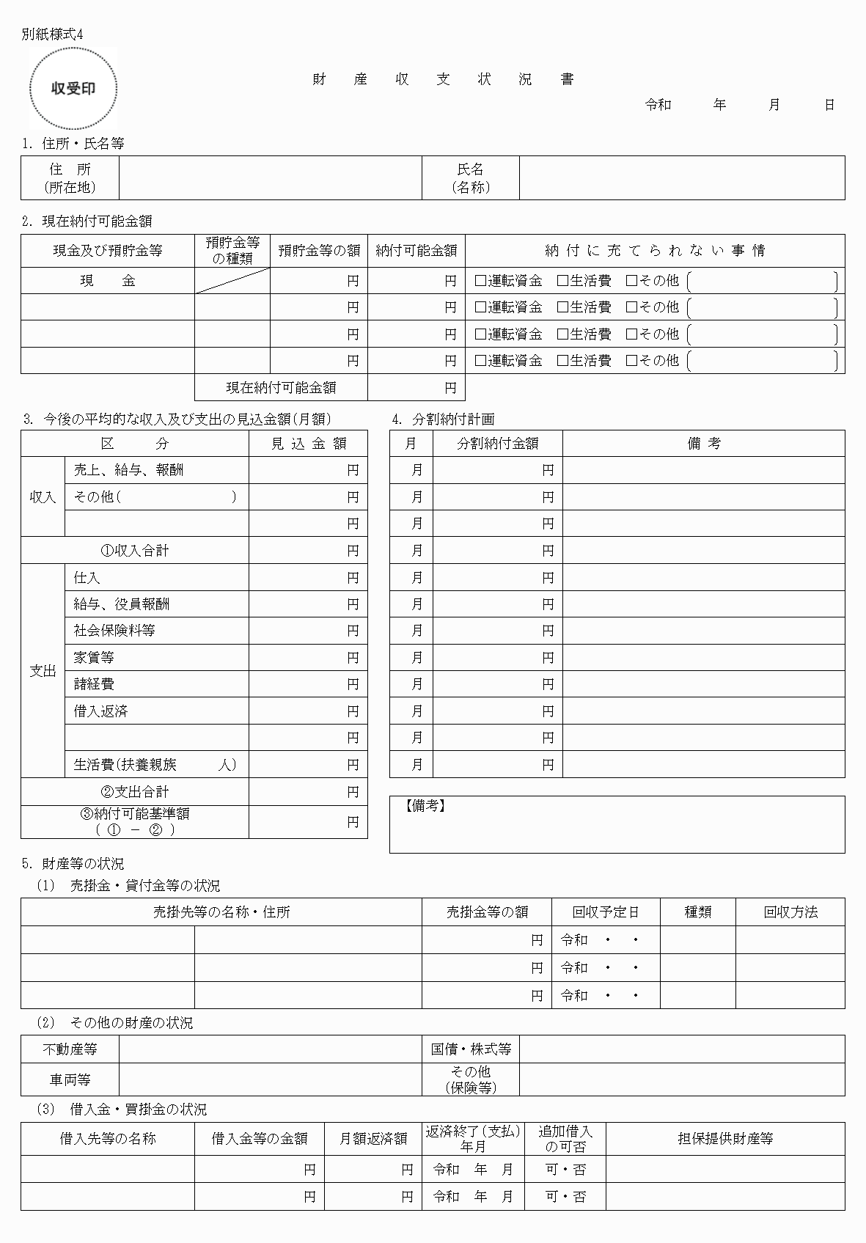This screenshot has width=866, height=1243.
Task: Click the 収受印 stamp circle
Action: pos(73,89)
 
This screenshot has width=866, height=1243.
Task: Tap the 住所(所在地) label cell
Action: pos(70,178)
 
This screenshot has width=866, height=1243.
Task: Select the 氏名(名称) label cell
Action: pos(470,178)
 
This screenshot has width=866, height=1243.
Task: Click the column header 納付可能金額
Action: pos(416,251)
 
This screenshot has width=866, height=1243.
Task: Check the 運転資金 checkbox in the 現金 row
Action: pos(480,281)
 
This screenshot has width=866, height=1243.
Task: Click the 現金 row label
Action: pos(107,281)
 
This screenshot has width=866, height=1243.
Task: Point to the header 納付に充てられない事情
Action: pos(655,251)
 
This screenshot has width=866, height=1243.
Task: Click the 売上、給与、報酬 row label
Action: pos(128,470)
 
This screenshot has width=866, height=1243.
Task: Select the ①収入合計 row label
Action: pos(135,550)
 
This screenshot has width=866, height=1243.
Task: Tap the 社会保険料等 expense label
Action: pos(114,631)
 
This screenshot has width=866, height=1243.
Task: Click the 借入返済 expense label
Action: pos(101,711)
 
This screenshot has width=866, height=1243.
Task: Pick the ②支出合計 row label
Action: pos(135,792)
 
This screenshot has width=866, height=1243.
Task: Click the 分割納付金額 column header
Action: pos(498,444)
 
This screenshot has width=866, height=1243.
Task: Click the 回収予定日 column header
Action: pos(606,912)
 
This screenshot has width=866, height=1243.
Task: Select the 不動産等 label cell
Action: pos(70,1049)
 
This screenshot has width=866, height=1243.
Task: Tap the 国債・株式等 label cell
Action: pos(471,1049)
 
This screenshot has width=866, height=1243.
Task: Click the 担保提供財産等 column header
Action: pos(725,1139)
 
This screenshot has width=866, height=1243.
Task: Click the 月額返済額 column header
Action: pos(373,1139)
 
